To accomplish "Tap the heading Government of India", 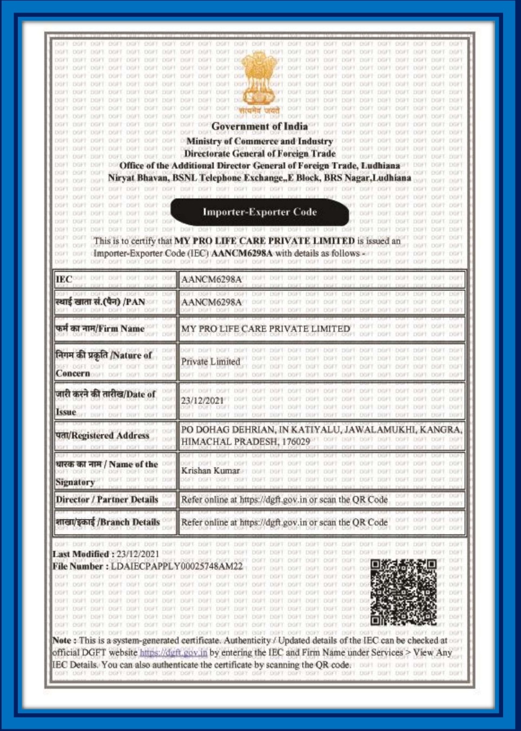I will pyautogui.click(x=260, y=127).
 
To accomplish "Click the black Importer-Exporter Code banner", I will pyautogui.click(x=260, y=212).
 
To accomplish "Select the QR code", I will pyautogui.click(x=404, y=592).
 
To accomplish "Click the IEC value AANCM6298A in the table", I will pyautogui.click(x=212, y=279).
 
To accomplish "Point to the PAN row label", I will pyautogui.click(x=101, y=302).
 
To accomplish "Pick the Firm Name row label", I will pyautogui.click(x=100, y=329).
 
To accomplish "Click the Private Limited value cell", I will pyautogui.click(x=210, y=362).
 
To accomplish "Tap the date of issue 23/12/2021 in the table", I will pyautogui.click(x=202, y=401).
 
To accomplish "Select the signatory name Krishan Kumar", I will pyautogui.click(x=210, y=471).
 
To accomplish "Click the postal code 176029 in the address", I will pyautogui.click(x=296, y=442).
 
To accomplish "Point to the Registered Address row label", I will pyautogui.click(x=102, y=435).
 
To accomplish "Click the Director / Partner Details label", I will pyautogui.click(x=107, y=500).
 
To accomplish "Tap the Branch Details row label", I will pyautogui.click(x=108, y=523).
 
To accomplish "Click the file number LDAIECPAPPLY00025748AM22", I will pyautogui.click(x=177, y=566).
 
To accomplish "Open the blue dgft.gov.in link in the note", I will pyautogui.click(x=173, y=652).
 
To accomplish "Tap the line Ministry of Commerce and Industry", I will pyautogui.click(x=260, y=141).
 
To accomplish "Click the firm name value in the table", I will pyautogui.click(x=266, y=329).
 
